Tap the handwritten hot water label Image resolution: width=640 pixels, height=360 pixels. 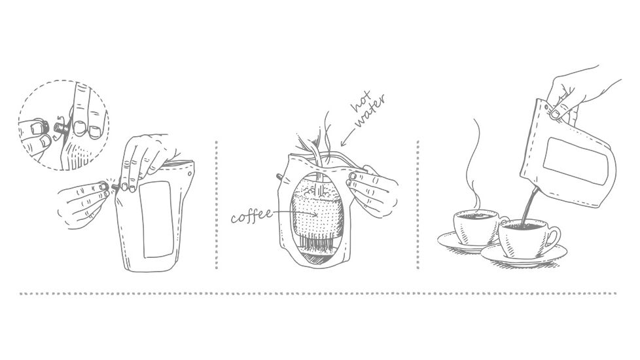click(x=367, y=113)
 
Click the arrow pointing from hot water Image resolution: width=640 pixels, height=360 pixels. click(x=347, y=136)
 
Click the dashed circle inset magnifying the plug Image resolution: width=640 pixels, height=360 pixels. click(x=63, y=125)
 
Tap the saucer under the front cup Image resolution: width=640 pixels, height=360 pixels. click(x=524, y=256)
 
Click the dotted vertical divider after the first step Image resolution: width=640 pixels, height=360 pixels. click(x=216, y=203)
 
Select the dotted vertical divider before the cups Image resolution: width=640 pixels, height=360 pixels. click(x=418, y=203)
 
